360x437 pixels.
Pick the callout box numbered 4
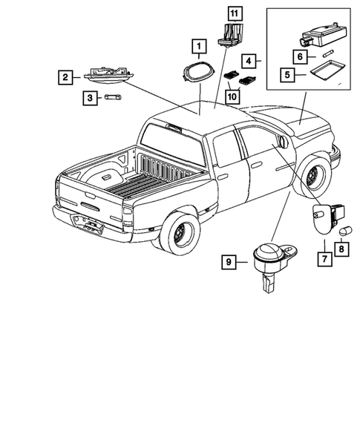click(x=250, y=60)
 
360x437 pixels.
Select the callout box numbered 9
click(x=229, y=261)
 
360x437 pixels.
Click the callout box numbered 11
click(x=234, y=13)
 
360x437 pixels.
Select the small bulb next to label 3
click(x=114, y=96)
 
